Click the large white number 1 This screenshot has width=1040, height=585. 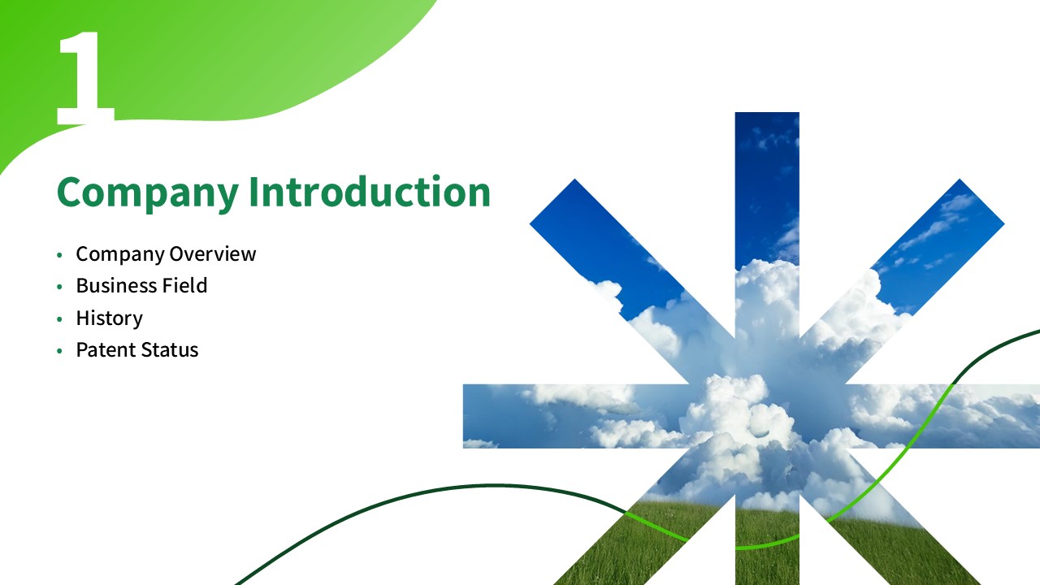click(x=86, y=77)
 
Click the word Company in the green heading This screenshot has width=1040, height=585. click(x=148, y=193)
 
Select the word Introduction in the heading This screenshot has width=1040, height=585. click(x=370, y=191)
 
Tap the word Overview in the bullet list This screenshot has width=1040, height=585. click(x=213, y=254)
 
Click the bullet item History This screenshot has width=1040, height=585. click(x=110, y=318)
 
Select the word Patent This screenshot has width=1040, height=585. click(x=106, y=350)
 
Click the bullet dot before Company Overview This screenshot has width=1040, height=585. click(x=59, y=255)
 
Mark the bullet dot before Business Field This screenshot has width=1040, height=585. click(x=59, y=287)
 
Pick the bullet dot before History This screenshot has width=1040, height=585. click(x=59, y=319)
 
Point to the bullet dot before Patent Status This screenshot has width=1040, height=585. click(x=59, y=351)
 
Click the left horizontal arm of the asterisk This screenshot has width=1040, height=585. click(x=576, y=416)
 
